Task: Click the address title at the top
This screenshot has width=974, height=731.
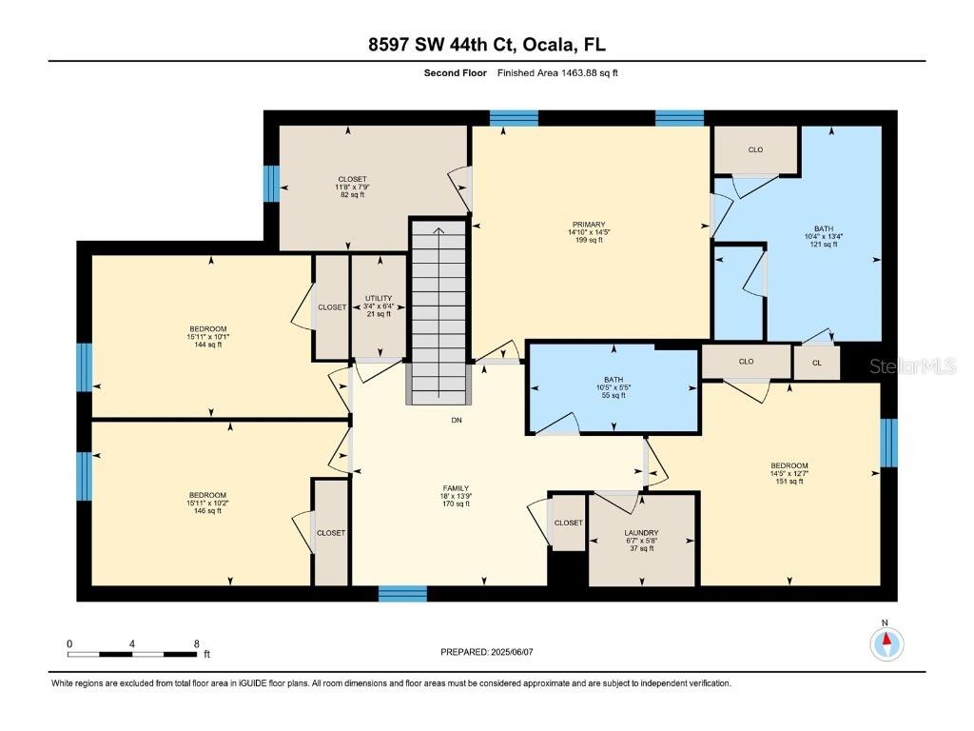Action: pos(486,45)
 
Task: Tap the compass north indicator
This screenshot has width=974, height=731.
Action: pos(886,642)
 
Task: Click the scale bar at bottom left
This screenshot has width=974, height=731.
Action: pos(133,654)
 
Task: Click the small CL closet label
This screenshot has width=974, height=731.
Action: pos(817,362)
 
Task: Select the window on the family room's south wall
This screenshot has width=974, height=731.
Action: pos(402,594)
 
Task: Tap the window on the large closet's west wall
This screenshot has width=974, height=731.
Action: pos(271,183)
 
